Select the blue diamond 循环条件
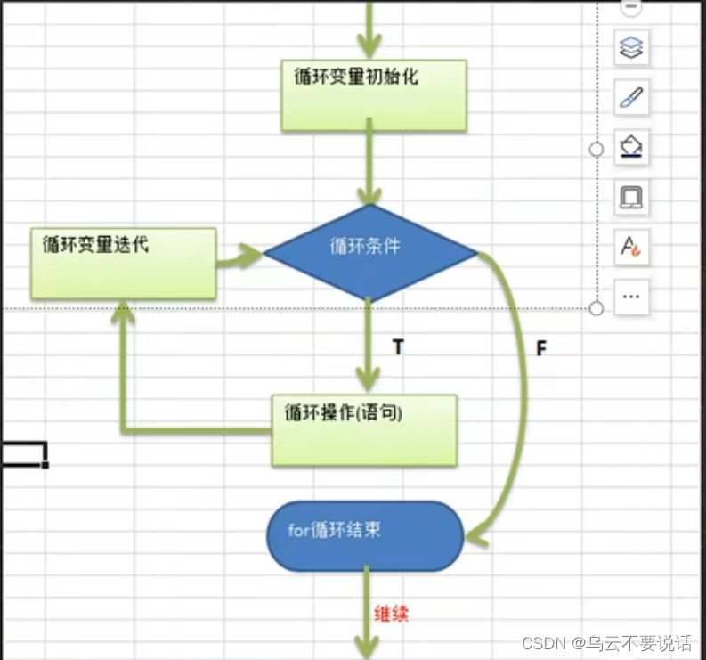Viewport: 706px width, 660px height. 370,252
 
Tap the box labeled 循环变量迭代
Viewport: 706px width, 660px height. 123,263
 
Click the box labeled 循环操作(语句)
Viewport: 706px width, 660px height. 364,430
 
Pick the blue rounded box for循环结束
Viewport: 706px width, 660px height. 365,535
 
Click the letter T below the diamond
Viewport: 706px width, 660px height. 398,347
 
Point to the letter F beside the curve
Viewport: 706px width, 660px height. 540,348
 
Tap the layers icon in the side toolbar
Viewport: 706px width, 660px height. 630,47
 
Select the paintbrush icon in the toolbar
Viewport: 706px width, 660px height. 630,97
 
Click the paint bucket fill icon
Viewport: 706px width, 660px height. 630,146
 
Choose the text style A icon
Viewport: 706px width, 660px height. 630,246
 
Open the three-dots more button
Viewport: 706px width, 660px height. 630,296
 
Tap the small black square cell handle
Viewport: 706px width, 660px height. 45,464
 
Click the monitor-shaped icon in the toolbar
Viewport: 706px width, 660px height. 630,196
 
